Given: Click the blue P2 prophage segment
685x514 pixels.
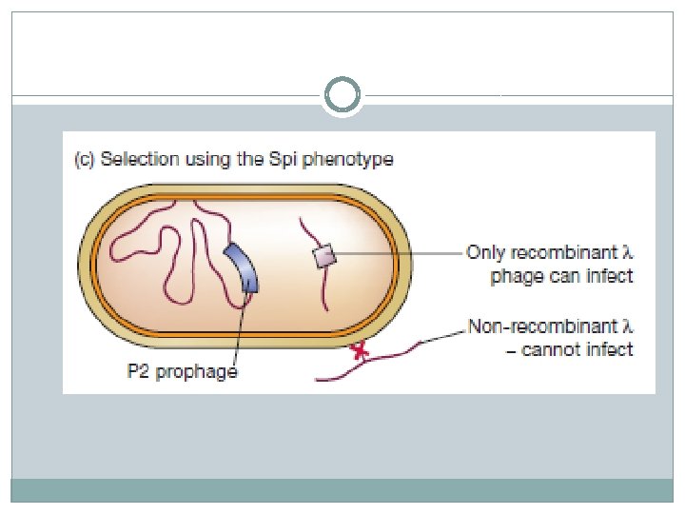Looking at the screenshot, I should [243, 267].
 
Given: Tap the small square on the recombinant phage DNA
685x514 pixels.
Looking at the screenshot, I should [324, 255].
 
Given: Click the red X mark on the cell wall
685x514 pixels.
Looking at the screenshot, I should [360, 353].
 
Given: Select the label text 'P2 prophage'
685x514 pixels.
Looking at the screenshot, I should [182, 371].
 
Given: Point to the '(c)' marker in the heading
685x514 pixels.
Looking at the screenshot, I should [85, 160].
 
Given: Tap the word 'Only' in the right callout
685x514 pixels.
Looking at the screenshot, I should [486, 253].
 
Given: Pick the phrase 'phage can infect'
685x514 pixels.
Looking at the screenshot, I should [561, 277].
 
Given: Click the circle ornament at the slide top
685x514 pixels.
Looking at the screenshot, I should [342, 95].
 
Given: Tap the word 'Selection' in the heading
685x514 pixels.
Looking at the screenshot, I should [138, 160].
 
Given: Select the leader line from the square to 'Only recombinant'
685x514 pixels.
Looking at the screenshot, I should [400, 254].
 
